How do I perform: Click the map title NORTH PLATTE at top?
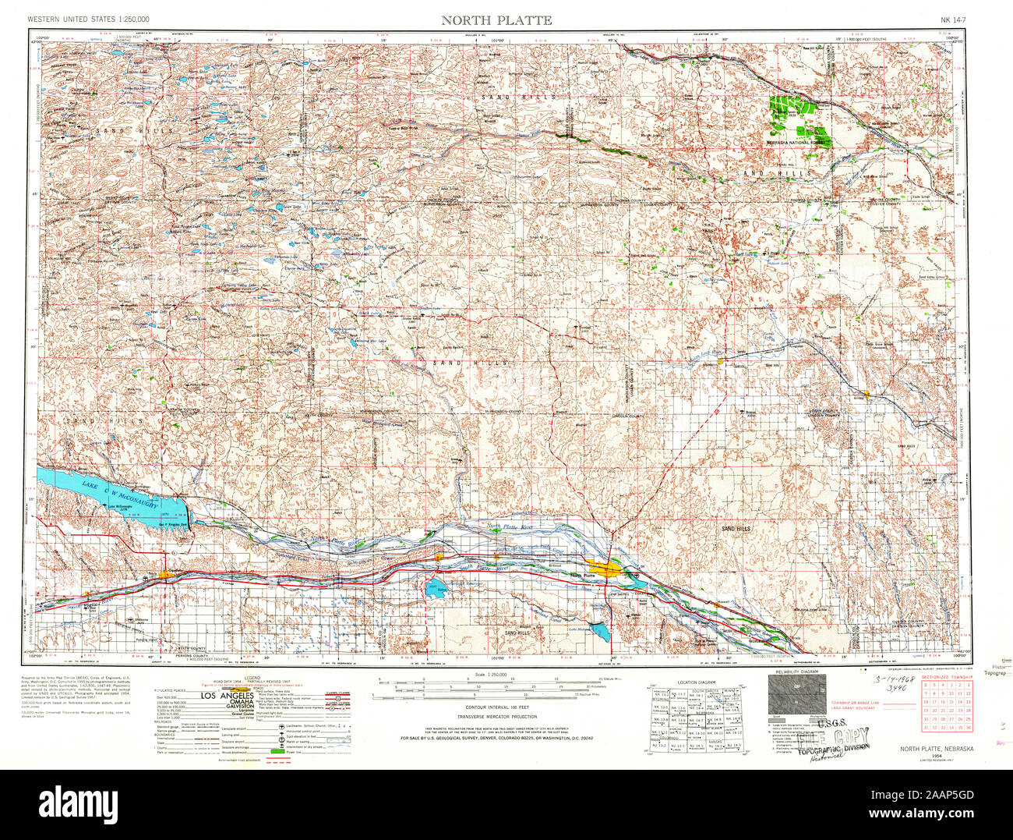(496, 20)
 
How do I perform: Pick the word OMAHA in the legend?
(227, 702)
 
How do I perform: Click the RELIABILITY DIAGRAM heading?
(793, 672)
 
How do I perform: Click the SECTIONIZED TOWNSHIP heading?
(945, 677)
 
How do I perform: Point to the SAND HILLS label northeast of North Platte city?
(736, 529)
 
